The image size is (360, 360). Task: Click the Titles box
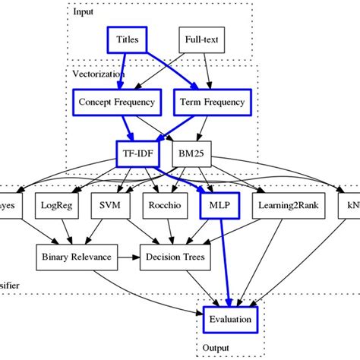pyautogui.click(x=127, y=39)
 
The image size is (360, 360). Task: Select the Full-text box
pyautogui.click(x=199, y=39)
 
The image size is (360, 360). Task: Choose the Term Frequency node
pyautogui.click(x=210, y=102)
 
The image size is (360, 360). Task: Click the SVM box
pyautogui.click(x=111, y=205)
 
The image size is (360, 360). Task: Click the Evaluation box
pyautogui.click(x=230, y=319)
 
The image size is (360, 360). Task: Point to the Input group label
pyautogui.click(x=84, y=11)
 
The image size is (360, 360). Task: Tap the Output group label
pyautogui.click(x=217, y=347)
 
